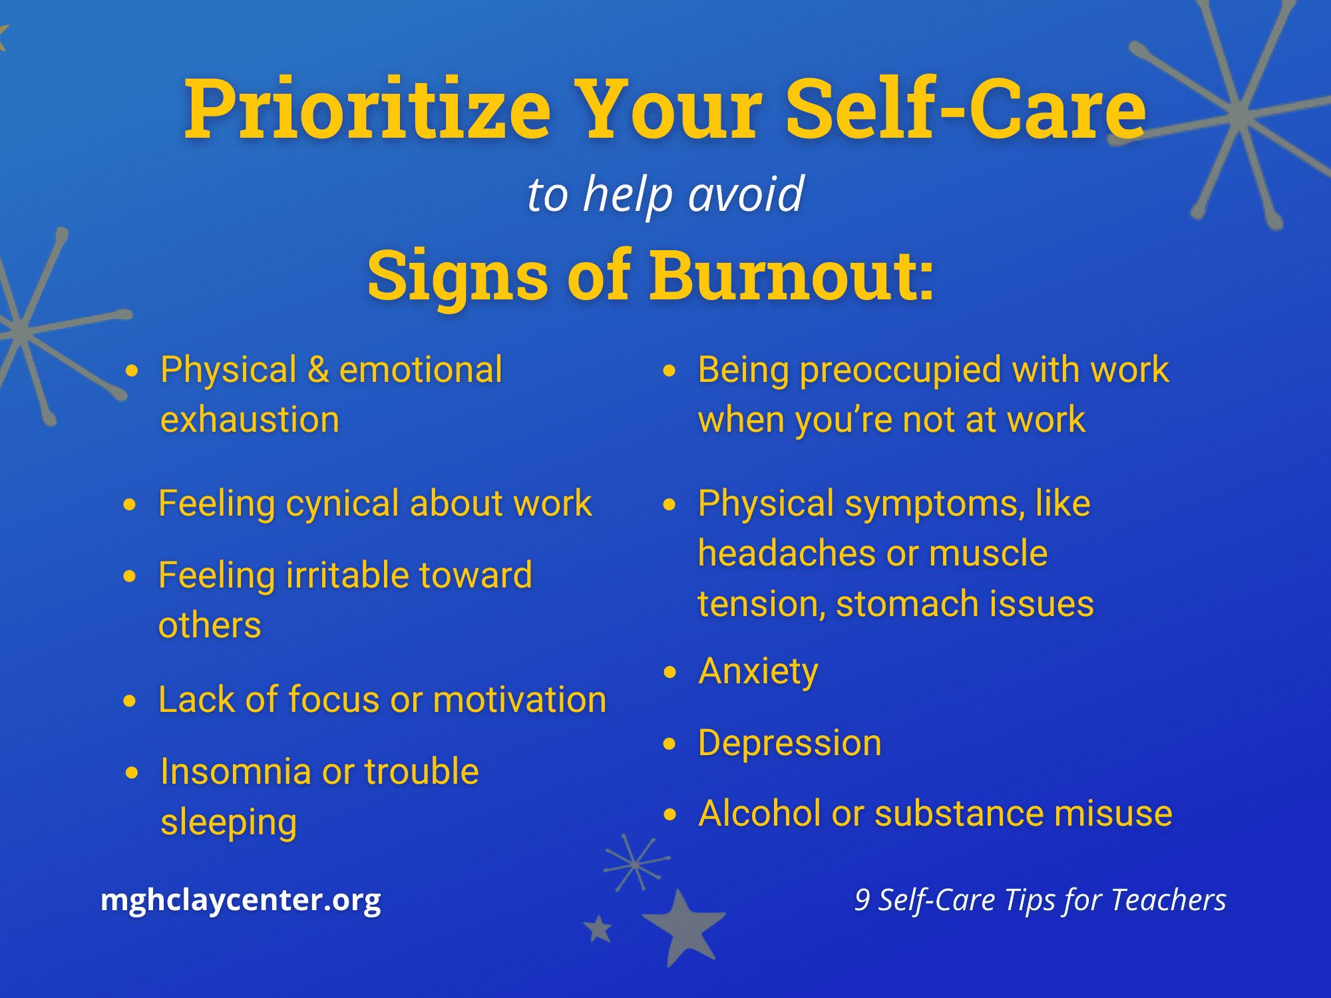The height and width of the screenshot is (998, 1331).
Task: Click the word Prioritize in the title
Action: [367, 110]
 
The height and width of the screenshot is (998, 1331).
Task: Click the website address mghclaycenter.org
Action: [241, 900]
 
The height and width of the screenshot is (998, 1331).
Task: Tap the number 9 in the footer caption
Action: [862, 900]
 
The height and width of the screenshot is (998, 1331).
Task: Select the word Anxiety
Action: [759, 672]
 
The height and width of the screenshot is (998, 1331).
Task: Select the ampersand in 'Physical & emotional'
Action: [318, 370]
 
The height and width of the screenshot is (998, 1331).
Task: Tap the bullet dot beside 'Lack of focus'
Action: [130, 701]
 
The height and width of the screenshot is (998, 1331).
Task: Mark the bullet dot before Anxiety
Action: [669, 672]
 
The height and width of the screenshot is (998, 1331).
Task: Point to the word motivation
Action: [520, 700]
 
